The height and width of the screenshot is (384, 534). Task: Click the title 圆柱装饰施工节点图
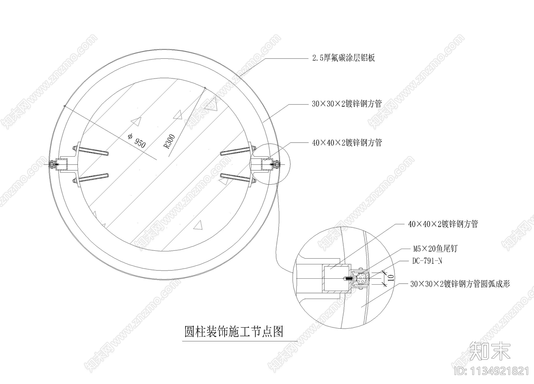[x=234, y=331]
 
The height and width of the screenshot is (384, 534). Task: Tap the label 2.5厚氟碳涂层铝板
[x=343, y=58]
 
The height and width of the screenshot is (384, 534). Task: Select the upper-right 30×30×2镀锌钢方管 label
[x=347, y=104]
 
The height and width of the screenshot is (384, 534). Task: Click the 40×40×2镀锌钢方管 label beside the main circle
[x=347, y=143]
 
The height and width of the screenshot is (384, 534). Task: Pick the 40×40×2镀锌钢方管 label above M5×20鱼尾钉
[x=443, y=224]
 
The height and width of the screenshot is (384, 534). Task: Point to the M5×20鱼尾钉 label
[x=435, y=249]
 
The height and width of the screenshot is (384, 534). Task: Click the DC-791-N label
[x=427, y=261]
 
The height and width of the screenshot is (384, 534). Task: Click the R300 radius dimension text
[x=169, y=142]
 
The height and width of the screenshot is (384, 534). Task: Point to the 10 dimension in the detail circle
[x=391, y=278]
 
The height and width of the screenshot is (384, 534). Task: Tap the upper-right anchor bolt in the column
[x=238, y=151]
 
